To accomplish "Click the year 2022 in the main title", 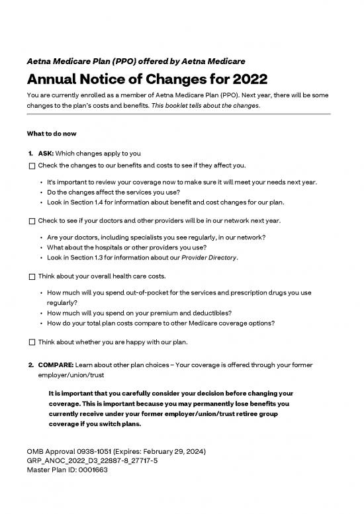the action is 246,80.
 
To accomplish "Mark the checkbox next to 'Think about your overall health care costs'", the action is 32,276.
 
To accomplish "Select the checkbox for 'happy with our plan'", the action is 32,342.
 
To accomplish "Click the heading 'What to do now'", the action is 52,134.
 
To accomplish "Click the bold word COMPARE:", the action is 58,364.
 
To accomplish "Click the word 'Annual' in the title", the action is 55,80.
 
